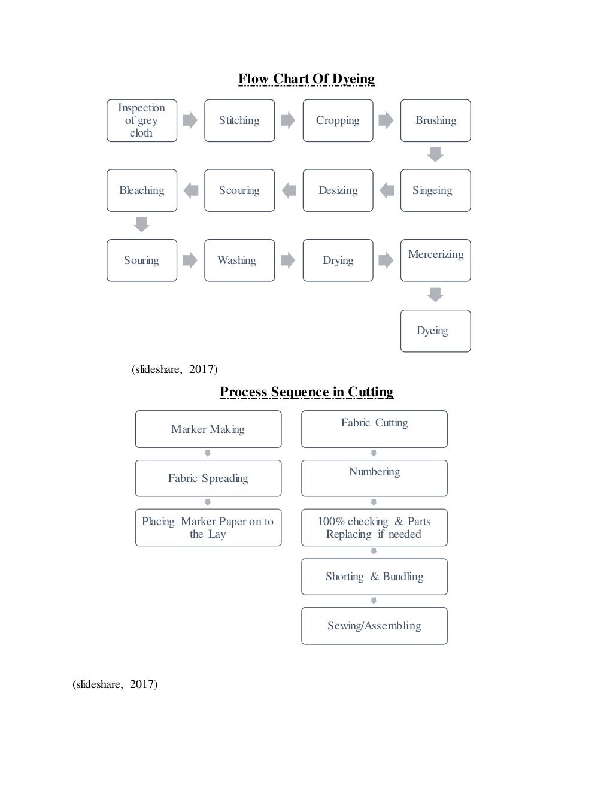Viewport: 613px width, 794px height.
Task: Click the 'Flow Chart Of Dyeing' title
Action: click(306, 79)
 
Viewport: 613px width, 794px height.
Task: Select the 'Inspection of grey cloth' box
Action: click(142, 120)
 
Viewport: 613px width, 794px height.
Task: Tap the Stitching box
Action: click(239, 120)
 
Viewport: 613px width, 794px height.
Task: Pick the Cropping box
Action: click(338, 120)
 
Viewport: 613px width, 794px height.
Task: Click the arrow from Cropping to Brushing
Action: click(386, 120)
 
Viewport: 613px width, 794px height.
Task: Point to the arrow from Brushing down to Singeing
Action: click(435, 154)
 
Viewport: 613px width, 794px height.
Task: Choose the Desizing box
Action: click(338, 190)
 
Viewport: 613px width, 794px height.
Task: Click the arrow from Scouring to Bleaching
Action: click(191, 190)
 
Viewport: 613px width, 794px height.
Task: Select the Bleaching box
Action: click(142, 190)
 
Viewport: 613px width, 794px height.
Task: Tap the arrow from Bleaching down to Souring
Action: click(141, 225)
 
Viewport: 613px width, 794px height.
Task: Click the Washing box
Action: click(239, 260)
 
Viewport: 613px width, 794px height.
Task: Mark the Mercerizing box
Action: click(435, 260)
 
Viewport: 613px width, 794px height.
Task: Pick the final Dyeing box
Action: click(435, 331)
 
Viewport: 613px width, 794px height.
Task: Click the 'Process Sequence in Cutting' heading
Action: click(306, 392)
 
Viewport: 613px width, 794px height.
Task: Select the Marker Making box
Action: click(208, 429)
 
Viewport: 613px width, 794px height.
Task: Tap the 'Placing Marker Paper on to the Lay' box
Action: click(208, 528)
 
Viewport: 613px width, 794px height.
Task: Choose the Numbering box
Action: click(374, 478)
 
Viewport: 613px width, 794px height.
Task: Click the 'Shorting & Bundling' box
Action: click(374, 577)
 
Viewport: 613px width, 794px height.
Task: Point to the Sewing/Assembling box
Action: click(374, 626)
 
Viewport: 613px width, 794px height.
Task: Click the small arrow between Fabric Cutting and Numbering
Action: click(374, 453)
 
